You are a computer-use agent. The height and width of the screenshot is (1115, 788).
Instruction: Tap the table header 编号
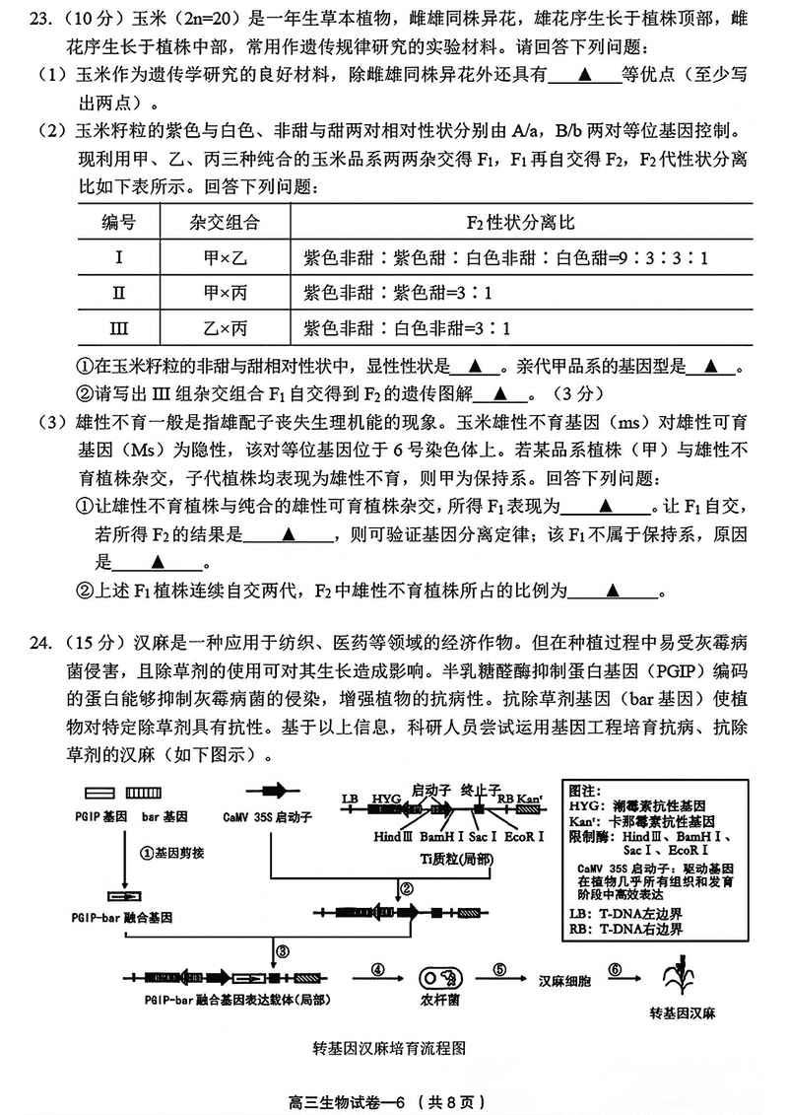119,223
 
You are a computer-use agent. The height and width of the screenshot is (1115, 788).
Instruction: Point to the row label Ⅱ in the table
119,294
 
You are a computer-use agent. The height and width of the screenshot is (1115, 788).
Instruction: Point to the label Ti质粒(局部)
459,858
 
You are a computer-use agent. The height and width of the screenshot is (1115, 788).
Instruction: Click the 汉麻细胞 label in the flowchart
563,981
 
